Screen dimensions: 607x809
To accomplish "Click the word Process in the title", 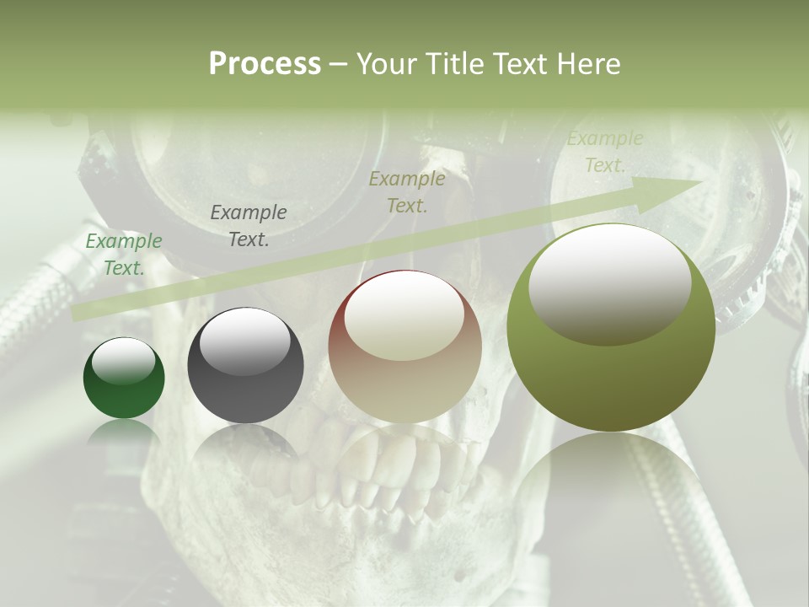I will [265, 64].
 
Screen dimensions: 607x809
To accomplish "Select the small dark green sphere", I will [124, 378].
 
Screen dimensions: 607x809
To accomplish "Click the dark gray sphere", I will [245, 366].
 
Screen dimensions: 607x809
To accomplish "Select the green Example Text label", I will [124, 254].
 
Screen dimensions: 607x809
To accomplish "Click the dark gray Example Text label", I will [249, 225].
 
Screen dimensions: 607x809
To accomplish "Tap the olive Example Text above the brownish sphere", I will [407, 191].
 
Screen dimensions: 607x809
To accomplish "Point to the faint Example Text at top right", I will [604, 152].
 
